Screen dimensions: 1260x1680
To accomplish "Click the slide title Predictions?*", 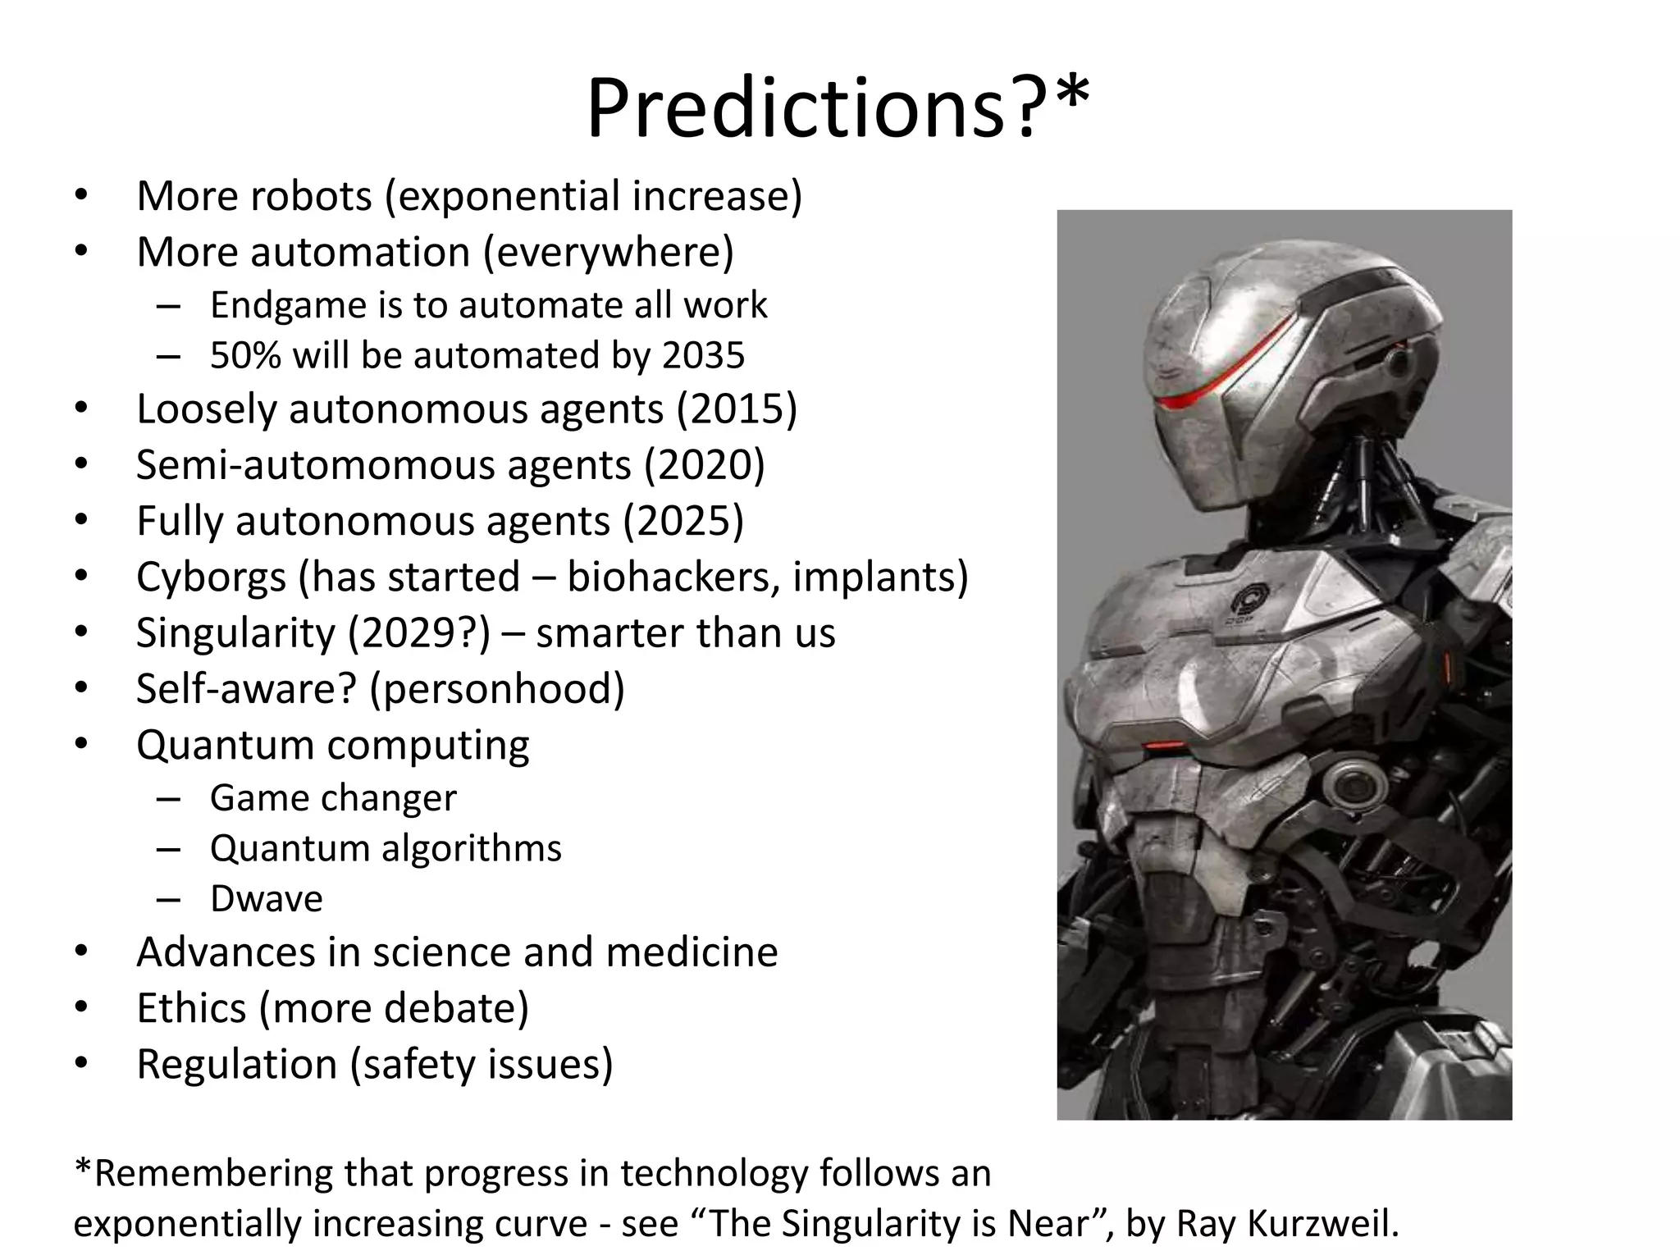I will (x=838, y=109).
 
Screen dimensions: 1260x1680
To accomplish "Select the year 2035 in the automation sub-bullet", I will (x=703, y=356).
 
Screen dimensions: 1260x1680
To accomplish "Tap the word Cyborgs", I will (x=211, y=577).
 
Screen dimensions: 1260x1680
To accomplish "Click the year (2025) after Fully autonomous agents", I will (x=683, y=521).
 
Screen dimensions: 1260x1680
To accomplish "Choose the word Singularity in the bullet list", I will (x=235, y=633).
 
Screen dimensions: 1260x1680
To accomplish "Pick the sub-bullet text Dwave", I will (x=266, y=899).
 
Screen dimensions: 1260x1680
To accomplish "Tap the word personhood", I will (x=497, y=689).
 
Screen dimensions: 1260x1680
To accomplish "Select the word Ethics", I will (x=190, y=1008).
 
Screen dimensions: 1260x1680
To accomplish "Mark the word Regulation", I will (x=236, y=1064).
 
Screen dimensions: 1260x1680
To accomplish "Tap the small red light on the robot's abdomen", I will (x=1165, y=746).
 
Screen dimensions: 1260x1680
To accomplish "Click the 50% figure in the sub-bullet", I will (x=245, y=356).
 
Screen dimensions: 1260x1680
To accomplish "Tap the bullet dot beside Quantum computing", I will (x=80, y=744).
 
